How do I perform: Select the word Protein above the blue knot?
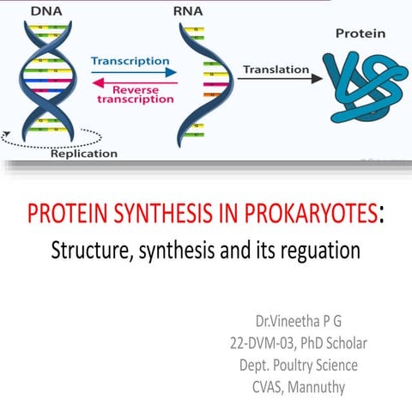coord(359,34)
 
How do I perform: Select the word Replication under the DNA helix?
coord(84,154)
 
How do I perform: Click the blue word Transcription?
coord(130,62)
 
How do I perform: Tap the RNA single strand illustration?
coord(194,82)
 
